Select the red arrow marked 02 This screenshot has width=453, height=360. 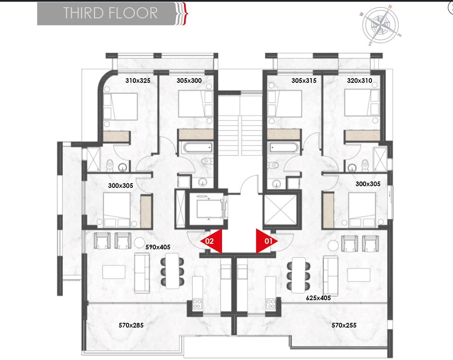tap(211, 241)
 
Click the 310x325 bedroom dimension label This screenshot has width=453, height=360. tap(138, 81)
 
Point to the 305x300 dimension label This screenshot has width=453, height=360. tap(189, 81)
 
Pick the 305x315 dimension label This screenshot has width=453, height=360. tap(304, 81)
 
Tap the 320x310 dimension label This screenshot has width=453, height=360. tap(359, 81)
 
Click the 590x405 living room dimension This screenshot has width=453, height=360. tap(158, 247)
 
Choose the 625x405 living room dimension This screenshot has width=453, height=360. tap(319, 298)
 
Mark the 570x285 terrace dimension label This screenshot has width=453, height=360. tap(131, 325)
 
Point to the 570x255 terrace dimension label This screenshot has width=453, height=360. tap(344, 325)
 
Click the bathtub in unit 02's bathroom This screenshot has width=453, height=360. tap(198, 148)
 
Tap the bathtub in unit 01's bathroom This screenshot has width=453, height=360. tap(283, 148)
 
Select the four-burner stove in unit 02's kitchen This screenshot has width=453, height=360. tap(197, 304)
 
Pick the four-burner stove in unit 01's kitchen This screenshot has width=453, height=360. tap(271, 304)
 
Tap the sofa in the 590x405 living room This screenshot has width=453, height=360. tap(142, 273)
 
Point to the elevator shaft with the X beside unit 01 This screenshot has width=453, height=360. tap(281, 210)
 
